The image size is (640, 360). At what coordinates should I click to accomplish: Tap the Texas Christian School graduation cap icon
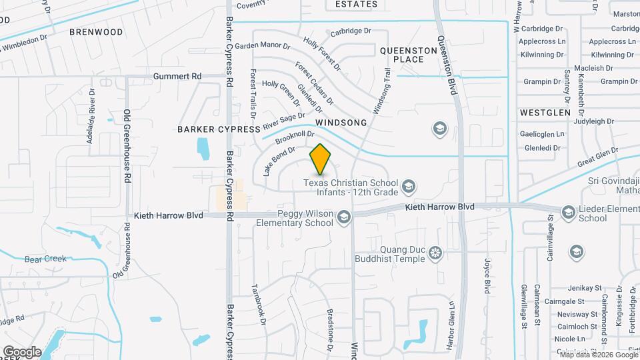point(408,185)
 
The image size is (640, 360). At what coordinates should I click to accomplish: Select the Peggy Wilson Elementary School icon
point(343,217)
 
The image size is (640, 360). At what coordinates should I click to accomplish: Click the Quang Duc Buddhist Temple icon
point(435,253)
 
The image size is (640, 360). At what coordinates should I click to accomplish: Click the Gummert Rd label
point(177,77)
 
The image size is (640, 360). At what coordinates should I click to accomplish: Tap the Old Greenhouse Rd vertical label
point(126,147)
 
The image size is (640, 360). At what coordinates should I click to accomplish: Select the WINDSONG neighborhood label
point(341,123)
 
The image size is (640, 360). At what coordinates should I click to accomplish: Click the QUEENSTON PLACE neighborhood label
point(401,55)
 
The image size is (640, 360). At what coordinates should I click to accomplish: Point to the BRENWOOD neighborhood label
point(97,32)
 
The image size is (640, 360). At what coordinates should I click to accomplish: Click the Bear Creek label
point(43,259)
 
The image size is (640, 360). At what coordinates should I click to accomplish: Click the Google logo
point(21,351)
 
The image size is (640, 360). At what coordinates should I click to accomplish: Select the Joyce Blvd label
point(487,276)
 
